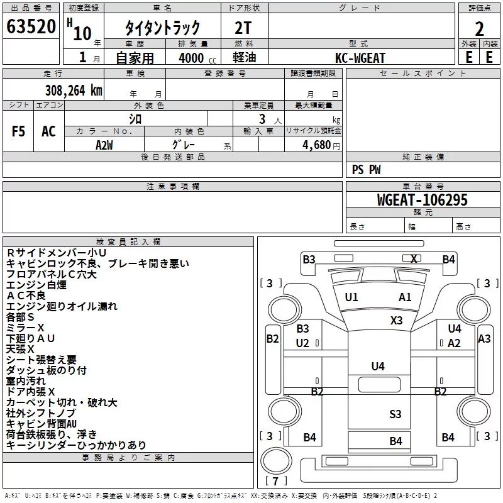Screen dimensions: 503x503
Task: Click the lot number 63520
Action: tap(31, 26)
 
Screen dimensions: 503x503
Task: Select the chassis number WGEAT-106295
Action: tap(423, 200)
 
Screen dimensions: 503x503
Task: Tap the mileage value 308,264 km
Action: tap(74, 91)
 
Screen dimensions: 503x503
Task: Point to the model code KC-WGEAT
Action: tap(360, 58)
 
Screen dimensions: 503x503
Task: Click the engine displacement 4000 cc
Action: tap(197, 58)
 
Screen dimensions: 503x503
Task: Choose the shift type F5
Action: tap(18, 131)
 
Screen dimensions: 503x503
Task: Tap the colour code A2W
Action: tap(104, 145)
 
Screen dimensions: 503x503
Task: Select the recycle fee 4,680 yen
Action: tap(321, 145)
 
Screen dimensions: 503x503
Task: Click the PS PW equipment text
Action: tap(366, 170)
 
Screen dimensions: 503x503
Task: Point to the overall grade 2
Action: tap(479, 29)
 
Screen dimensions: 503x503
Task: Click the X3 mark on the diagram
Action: tap(397, 320)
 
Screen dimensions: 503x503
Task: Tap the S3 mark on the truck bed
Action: tap(395, 414)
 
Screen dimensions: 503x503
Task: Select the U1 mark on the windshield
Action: tap(351, 297)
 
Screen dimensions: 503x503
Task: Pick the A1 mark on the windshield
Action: tap(405, 297)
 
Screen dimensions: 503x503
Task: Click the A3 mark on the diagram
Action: tap(484, 338)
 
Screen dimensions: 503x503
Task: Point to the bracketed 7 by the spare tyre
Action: tap(275, 480)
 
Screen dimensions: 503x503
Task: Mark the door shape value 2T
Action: tap(243, 28)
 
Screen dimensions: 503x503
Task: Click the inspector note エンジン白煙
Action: tap(36, 285)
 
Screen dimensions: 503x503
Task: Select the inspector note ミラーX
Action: tap(25, 328)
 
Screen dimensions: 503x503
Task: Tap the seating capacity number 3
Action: tap(262, 119)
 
